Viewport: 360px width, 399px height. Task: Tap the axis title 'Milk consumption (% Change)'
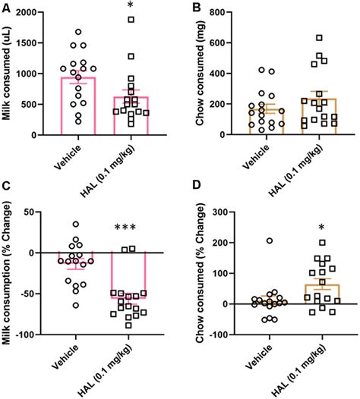pos(9,273)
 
